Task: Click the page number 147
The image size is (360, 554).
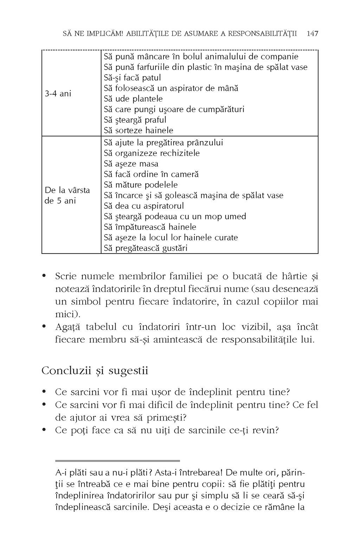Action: pyautogui.click(x=312, y=34)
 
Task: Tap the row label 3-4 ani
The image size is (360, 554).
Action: pyautogui.click(x=58, y=94)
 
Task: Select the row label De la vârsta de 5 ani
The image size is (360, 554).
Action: pyautogui.click(x=67, y=196)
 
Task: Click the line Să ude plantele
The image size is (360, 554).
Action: pyautogui.click(x=133, y=99)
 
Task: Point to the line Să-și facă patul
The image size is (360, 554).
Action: pyautogui.click(x=132, y=78)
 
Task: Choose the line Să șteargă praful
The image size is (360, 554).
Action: pyautogui.click(x=135, y=120)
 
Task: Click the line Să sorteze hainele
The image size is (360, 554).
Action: pyautogui.click(x=139, y=130)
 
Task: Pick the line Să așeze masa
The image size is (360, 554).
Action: pyautogui.click(x=131, y=164)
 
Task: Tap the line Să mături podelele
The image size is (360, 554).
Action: pyautogui.click(x=141, y=185)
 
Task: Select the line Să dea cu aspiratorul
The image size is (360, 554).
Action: pyautogui.click(x=144, y=206)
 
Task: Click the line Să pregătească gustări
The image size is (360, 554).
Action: pyautogui.click(x=146, y=248)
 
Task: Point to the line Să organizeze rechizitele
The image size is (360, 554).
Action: pyautogui.click(x=152, y=153)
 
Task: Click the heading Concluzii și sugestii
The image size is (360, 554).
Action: pyautogui.click(x=95, y=371)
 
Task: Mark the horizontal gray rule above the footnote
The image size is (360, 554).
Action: pyautogui.click(x=117, y=460)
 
